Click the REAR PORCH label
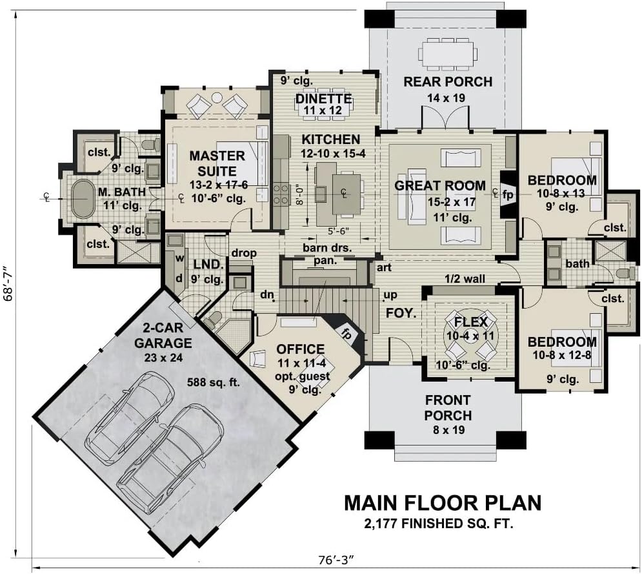tap(448, 81)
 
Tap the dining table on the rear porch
tap(447, 54)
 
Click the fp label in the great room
tap(508, 195)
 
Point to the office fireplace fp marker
tap(346, 334)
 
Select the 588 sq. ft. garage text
tap(213, 383)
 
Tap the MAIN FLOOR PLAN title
tap(442, 503)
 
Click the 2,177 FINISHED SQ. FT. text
tap(439, 523)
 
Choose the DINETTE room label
tap(323, 98)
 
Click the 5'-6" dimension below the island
tap(338, 231)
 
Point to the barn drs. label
tap(327, 247)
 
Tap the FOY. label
tap(401, 313)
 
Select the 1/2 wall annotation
tap(465, 279)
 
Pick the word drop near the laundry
tap(244, 254)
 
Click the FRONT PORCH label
tap(448, 407)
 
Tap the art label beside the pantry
tap(384, 267)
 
